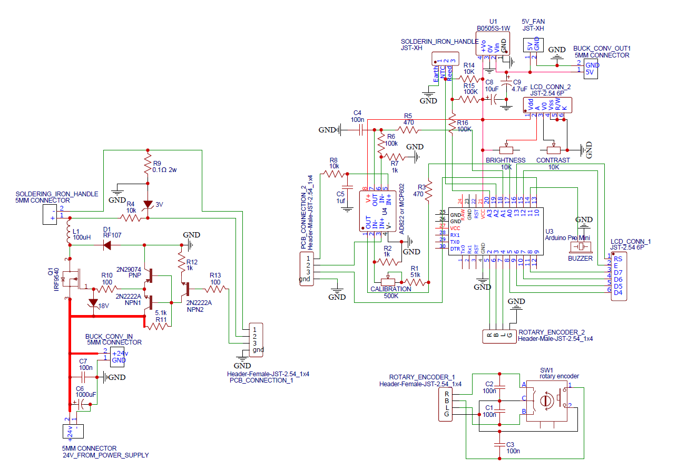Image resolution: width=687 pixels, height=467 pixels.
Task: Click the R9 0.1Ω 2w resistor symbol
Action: click(148, 167)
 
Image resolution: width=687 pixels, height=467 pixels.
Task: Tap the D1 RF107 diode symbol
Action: click(107, 245)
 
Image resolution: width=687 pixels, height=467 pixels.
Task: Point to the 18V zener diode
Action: click(93, 303)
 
